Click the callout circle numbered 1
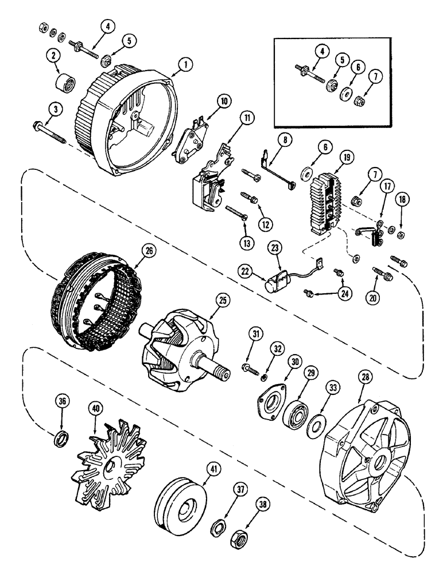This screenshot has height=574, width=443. coord(184,65)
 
